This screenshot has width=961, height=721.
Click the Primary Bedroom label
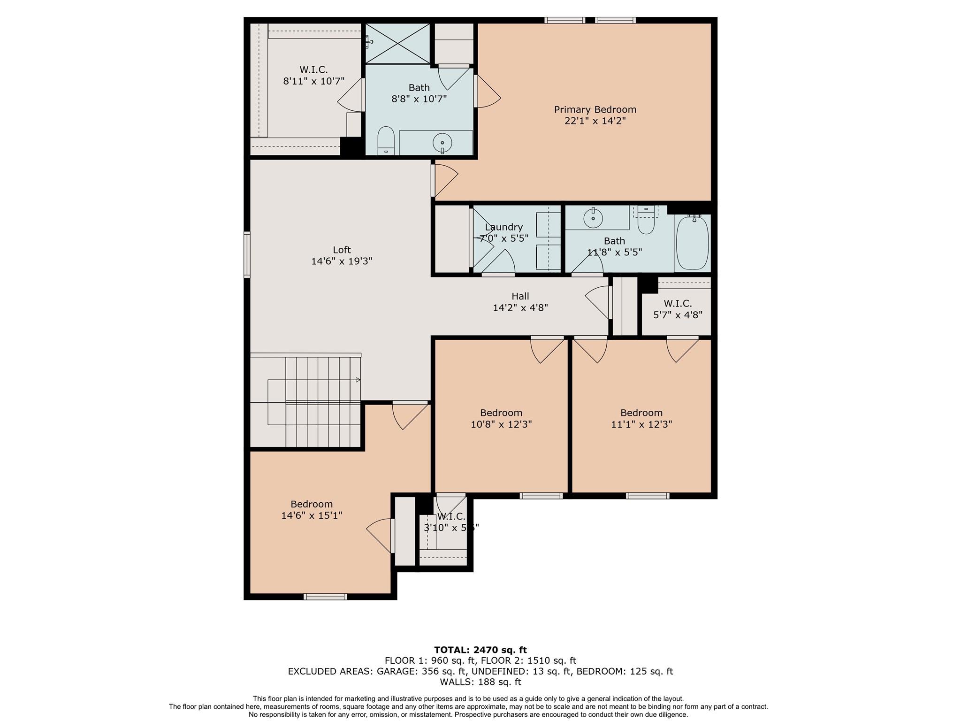point(595,109)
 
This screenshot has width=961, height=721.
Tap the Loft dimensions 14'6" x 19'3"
point(342,261)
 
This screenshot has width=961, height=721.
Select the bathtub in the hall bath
point(692,243)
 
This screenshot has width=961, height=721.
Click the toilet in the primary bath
point(386,139)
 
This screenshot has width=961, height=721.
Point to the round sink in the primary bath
point(442,142)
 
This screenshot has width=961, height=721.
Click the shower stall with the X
point(397,44)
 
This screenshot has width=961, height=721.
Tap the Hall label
point(520,296)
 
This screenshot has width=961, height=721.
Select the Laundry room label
point(503,227)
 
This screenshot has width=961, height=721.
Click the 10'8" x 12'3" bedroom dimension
point(501,424)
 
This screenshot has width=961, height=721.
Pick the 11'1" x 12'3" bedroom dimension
point(641,424)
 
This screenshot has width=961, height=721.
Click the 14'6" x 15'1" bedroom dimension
point(312,515)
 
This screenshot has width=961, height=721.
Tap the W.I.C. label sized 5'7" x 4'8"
point(678,304)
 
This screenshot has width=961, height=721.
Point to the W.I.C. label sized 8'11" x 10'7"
point(313,69)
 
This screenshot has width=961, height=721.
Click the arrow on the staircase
point(358,380)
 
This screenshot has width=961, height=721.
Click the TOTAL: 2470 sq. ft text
point(480,650)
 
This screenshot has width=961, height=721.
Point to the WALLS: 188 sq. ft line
point(480,682)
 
